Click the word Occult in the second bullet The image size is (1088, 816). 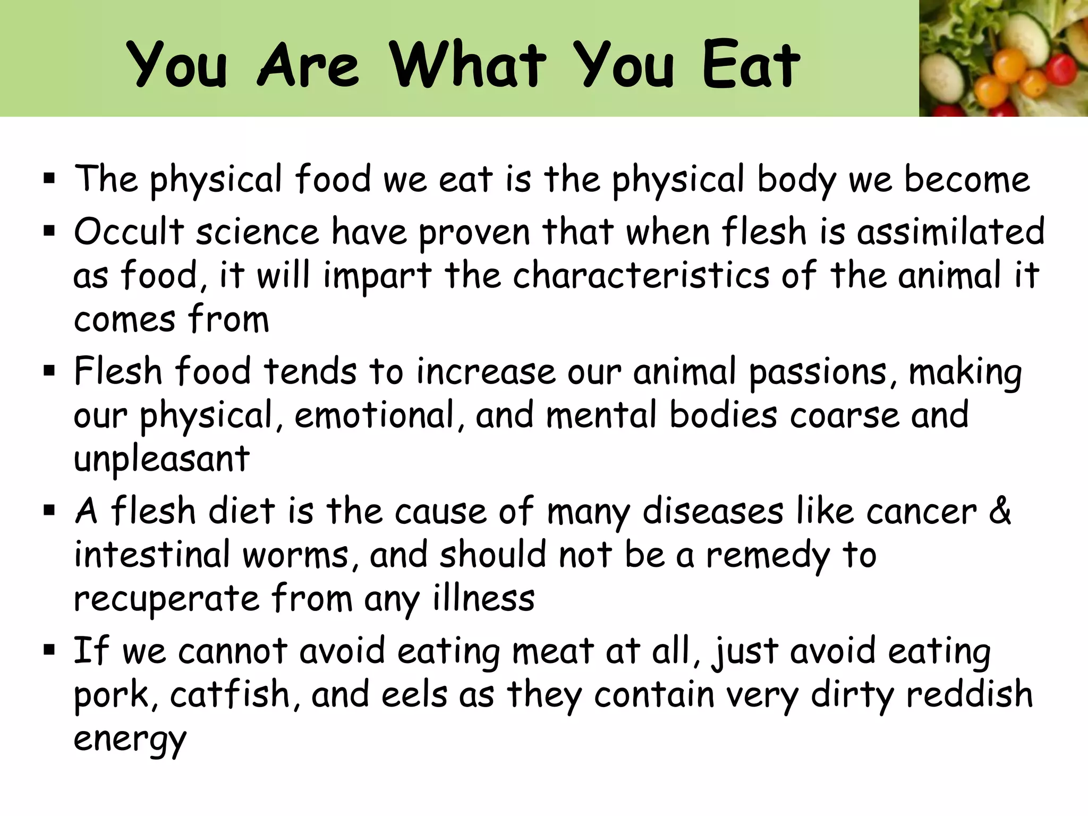coord(129,232)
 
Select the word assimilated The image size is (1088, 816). coord(950,232)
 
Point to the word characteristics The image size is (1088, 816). coord(641,276)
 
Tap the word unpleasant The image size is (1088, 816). coord(161,459)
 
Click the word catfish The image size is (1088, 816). coord(229,695)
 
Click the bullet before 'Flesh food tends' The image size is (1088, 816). coord(49,371)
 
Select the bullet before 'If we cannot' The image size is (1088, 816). coord(49,650)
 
